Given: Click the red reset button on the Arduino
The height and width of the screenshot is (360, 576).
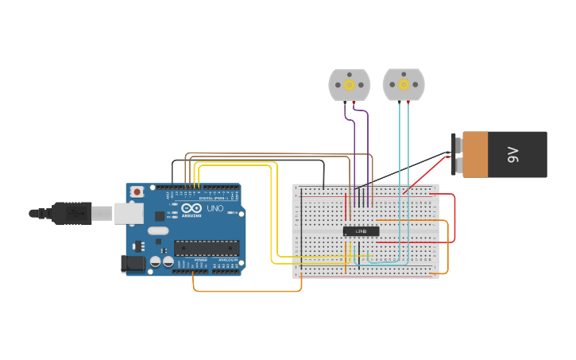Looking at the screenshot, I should tap(137, 192).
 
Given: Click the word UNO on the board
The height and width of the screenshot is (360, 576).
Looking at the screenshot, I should tap(215, 208).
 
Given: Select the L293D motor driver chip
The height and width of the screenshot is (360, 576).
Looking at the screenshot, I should tap(361, 231).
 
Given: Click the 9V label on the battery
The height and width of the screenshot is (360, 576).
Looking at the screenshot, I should tap(513, 155).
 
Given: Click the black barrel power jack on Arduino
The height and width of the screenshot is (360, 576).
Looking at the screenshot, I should tap(131, 264).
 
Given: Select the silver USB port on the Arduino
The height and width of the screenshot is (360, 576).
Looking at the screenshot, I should tap(128, 213).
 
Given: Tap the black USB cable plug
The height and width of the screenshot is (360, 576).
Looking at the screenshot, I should tap(72, 213).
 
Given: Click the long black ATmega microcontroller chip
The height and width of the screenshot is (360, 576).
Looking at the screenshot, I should tap(207, 248).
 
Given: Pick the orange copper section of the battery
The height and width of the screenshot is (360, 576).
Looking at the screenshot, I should tap(475, 155).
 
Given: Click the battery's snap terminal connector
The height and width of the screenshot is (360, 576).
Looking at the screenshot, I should tap(456, 155).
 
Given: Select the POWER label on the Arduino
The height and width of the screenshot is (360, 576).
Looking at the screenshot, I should tap(201, 260).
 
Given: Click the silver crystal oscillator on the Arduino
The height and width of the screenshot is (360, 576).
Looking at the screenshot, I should tap(159, 230).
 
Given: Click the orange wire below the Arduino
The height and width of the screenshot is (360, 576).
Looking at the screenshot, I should tap(246, 291).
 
